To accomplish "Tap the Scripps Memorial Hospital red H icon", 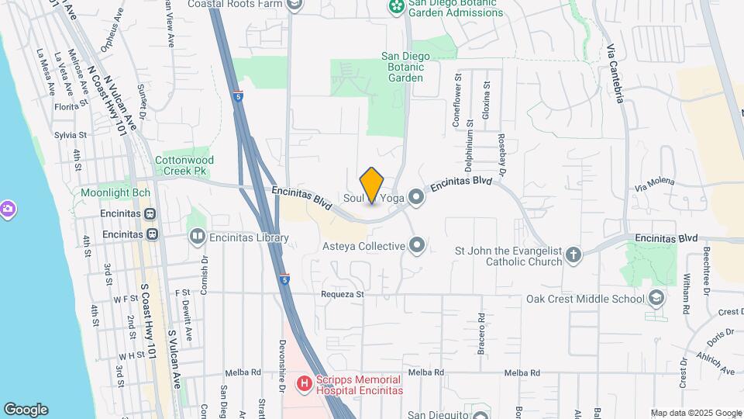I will pos(304,383).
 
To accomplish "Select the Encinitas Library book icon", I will pos(198,237).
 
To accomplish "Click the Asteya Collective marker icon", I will pos(417,247).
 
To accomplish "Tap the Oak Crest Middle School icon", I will pos(656,299).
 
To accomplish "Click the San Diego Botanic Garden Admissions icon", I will pos(396,6).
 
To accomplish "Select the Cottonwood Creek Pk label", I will pos(184,164).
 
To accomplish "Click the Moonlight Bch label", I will pos(115,192).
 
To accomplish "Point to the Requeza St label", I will pos(343,295).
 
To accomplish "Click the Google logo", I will pos(26,409).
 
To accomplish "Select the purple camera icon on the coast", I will pos(8,208).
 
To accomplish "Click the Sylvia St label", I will pos(70,135).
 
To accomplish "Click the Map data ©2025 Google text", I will pos(696,413).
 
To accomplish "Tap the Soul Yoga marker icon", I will pos(417,198).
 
